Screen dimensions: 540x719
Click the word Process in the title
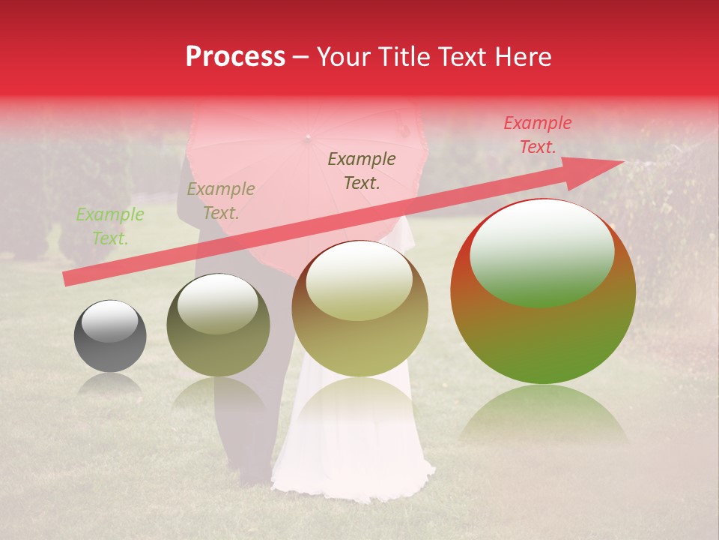point(235,57)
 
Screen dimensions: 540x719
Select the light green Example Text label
point(110,226)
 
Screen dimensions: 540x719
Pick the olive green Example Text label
point(220,201)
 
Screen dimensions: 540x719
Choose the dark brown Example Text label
point(362,170)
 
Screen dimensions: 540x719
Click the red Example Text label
point(537,135)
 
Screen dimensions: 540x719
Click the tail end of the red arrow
point(67,279)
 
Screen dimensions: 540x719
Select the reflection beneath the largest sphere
point(543,412)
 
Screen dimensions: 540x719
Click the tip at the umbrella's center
point(306,138)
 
